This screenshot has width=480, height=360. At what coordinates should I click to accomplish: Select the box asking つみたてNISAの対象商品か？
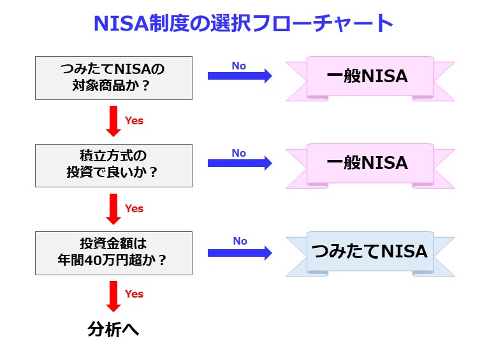tap(113, 78)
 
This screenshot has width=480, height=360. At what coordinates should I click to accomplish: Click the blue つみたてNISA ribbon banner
tap(370, 252)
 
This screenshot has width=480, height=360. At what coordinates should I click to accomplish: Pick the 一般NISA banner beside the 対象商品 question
tap(370, 77)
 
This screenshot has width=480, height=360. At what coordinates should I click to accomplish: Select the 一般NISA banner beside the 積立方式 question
tap(370, 164)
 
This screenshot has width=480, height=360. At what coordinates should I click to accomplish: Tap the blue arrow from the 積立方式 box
tap(240, 163)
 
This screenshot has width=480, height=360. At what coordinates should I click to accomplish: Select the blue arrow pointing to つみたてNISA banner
tap(240, 252)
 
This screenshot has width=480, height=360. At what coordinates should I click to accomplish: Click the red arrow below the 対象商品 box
tap(113, 121)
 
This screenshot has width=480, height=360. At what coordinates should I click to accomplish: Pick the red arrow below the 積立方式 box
tap(113, 209)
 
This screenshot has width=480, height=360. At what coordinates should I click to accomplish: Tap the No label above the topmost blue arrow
tap(239, 66)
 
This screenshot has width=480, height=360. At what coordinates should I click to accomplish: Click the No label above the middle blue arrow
tap(239, 153)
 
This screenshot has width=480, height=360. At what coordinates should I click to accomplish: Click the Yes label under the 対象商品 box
tap(134, 120)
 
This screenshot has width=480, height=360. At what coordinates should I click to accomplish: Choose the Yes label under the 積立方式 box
tap(134, 208)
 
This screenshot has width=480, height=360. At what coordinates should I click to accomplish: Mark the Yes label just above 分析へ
tap(134, 294)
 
